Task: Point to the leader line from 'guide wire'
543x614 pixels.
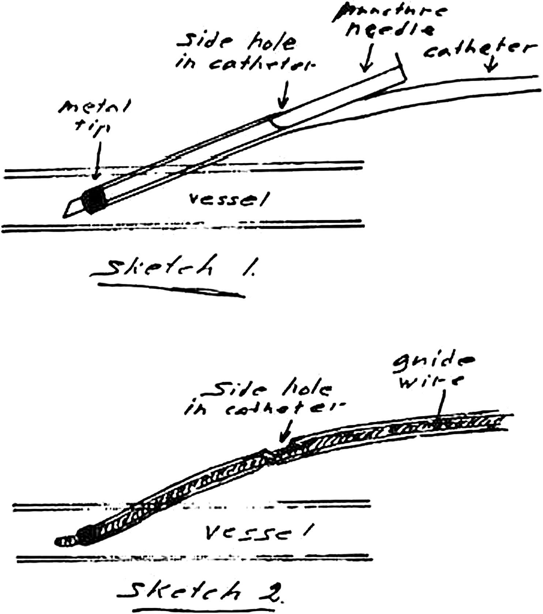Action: pyautogui.click(x=442, y=405)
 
